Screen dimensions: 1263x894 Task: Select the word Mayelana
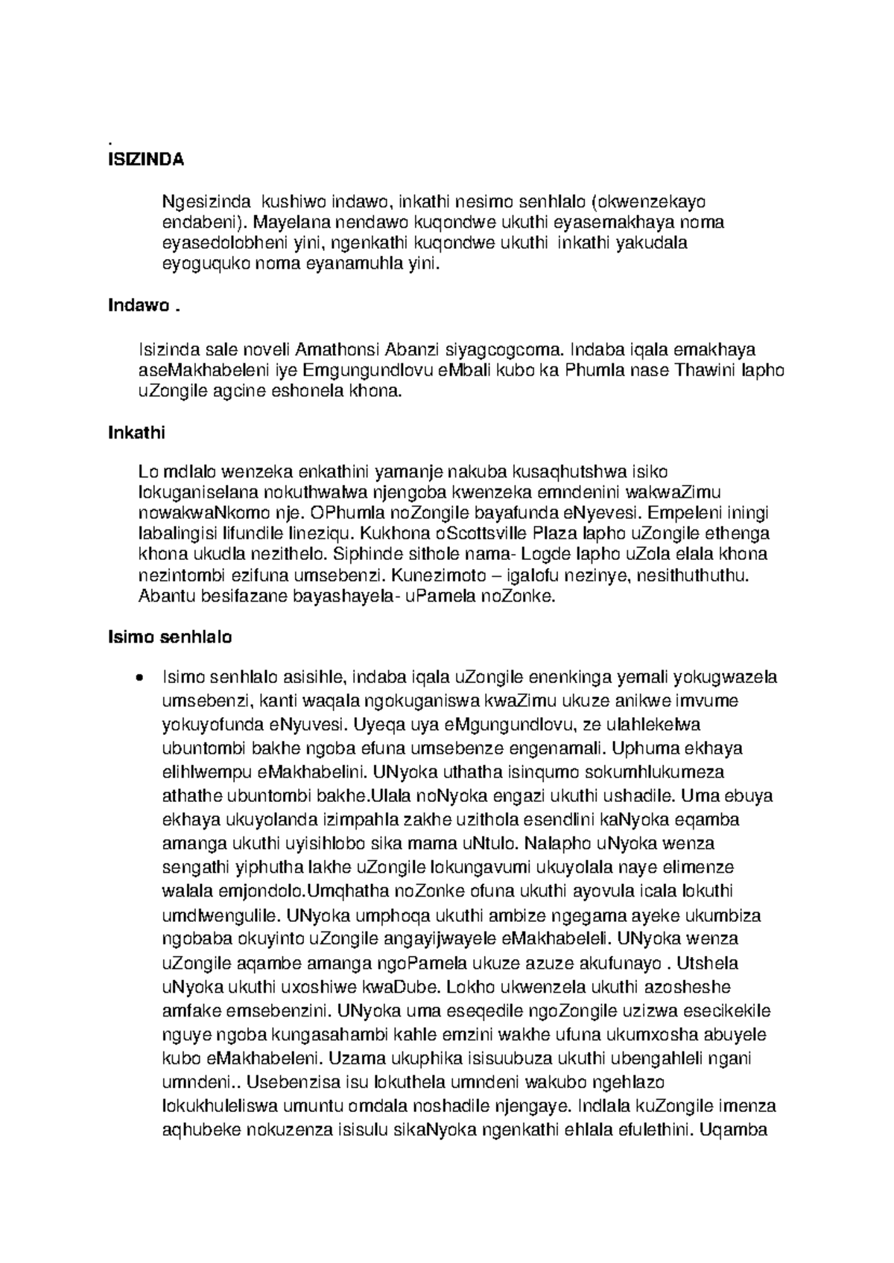[x=284, y=222]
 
